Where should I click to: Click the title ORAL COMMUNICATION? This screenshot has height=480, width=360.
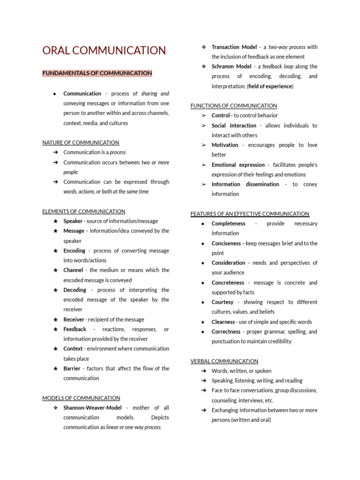[104, 51]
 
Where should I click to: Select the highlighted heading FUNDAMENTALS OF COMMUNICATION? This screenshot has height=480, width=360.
[97, 73]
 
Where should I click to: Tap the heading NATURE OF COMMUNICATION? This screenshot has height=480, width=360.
[81, 142]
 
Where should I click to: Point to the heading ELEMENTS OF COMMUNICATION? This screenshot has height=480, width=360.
[83, 211]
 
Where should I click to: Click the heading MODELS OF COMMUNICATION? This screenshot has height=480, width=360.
[81, 398]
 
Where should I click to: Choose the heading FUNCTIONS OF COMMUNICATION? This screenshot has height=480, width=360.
[233, 105]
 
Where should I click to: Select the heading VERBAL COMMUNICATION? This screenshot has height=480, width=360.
[224, 361]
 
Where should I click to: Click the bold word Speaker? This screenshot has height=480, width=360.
[73, 221]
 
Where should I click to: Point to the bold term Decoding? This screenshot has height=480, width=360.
[75, 290]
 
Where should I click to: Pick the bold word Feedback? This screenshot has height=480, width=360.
[75, 329]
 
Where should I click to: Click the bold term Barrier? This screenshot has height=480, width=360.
[72, 368]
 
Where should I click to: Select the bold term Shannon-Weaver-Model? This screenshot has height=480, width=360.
[92, 408]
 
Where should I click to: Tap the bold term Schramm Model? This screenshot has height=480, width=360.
[232, 67]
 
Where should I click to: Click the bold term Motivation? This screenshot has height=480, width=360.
[225, 145]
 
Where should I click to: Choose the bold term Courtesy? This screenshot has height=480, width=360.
[222, 302]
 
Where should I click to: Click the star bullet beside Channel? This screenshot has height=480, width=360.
[55, 270]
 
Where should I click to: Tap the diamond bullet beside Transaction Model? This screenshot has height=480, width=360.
[204, 47]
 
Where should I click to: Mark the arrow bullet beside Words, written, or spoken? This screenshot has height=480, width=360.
[204, 371]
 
